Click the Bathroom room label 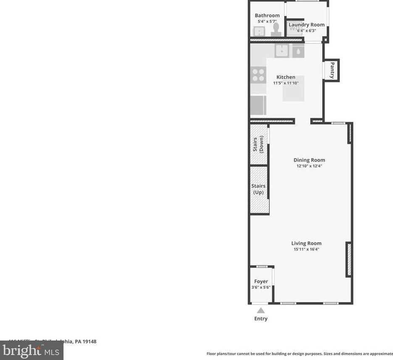pyautogui.click(x=267, y=16)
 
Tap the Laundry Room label pyautogui.click(x=306, y=25)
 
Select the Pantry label pyautogui.click(x=332, y=70)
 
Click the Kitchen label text pyautogui.click(x=286, y=77)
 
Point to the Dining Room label pyautogui.click(x=309, y=160)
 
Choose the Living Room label pyautogui.click(x=306, y=243)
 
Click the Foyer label pyautogui.click(x=261, y=281)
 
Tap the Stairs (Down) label pyautogui.click(x=258, y=144)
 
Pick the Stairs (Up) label pyautogui.click(x=258, y=189)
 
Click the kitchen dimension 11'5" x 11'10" pyautogui.click(x=286, y=83)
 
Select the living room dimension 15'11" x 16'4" pyautogui.click(x=306, y=249)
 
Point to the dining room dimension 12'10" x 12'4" pyautogui.click(x=309, y=166)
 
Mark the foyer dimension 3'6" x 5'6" pyautogui.click(x=261, y=287)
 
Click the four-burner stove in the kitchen pyautogui.click(x=258, y=75)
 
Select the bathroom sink pyautogui.click(x=258, y=31)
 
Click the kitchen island pyautogui.click(x=293, y=89)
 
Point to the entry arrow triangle pyautogui.click(x=261, y=310)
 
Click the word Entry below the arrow pyautogui.click(x=261, y=318)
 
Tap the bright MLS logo pyautogui.click(x=32, y=350)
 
